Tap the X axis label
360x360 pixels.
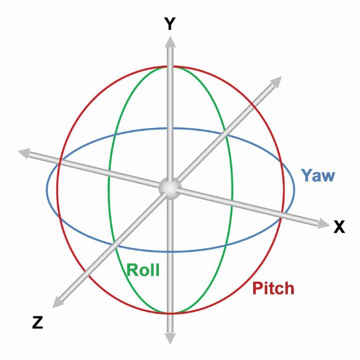[x=338, y=227]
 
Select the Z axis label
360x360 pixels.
[x=37, y=322]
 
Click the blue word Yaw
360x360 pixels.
[x=317, y=175]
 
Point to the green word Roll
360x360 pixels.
[x=143, y=270]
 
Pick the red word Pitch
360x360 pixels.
[x=273, y=288]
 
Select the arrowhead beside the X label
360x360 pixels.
[x=322, y=224]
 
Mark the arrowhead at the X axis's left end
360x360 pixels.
[x=23, y=152]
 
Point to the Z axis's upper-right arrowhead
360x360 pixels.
[x=276, y=82]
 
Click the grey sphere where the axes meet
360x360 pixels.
[x=169, y=187]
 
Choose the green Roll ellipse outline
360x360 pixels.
[x=109, y=187]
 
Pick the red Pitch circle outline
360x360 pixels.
[x=57, y=187]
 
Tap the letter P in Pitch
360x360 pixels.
[x=256, y=288]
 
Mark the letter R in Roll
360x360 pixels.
[x=132, y=270]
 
